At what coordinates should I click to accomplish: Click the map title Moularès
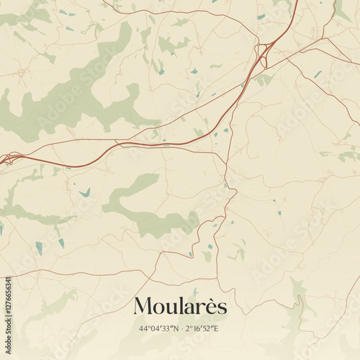coord(180,306)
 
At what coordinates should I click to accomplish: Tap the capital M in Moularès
coord(143,306)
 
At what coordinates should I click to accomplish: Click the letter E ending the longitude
coord(217,328)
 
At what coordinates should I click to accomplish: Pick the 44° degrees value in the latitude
coord(145,328)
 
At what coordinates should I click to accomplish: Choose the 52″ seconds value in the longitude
coord(210,328)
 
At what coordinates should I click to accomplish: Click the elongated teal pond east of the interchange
coord(318,73)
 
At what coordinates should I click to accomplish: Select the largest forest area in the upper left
coord(79,90)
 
